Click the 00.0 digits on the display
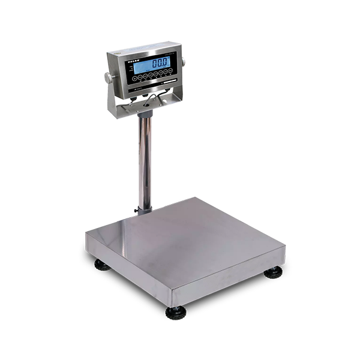(159, 63)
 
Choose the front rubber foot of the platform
(176, 313)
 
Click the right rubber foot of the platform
(274, 272)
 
